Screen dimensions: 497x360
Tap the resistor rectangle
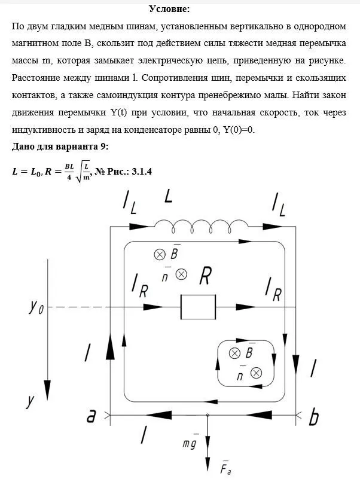[x=199, y=307]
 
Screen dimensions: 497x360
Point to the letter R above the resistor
[x=205, y=276]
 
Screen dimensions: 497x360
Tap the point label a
[x=91, y=416]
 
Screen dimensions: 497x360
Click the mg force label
[x=192, y=443]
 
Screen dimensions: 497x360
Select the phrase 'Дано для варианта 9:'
[x=54, y=147]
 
